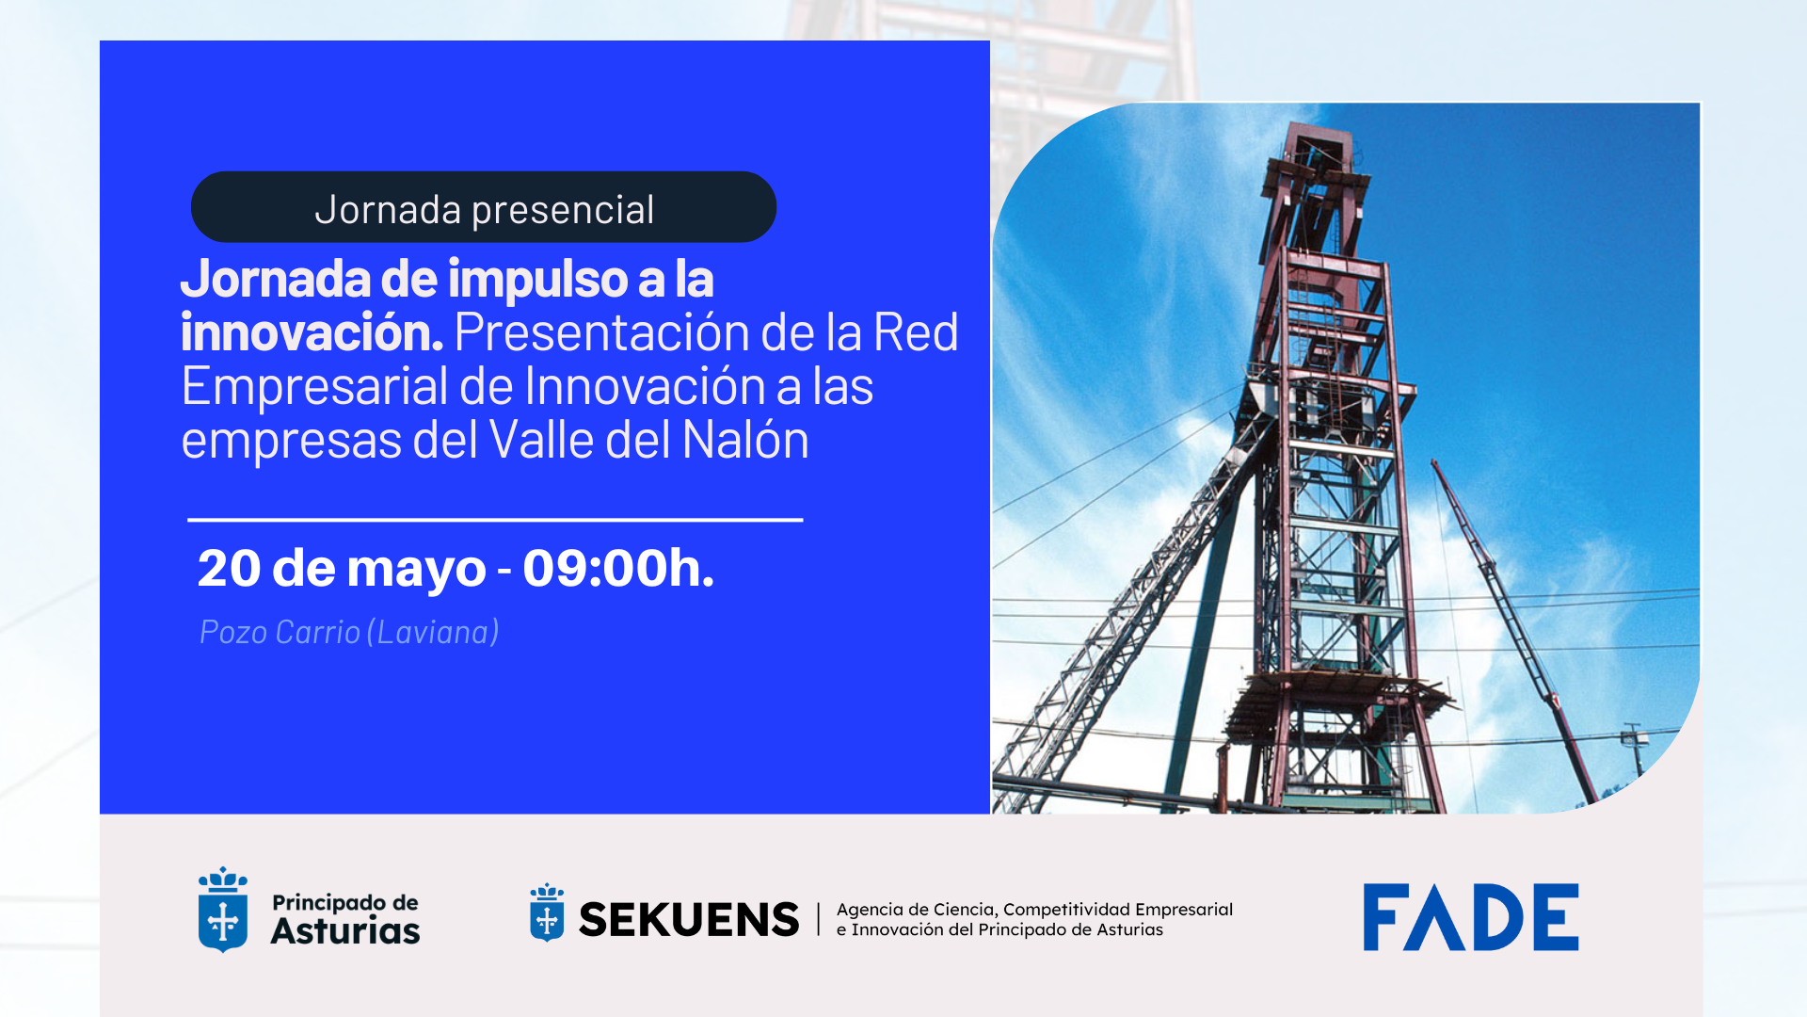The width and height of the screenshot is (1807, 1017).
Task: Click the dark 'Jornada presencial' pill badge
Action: click(484, 207)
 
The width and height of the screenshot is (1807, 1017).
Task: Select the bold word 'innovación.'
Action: click(312, 332)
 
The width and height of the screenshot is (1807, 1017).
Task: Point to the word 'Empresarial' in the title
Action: click(314, 388)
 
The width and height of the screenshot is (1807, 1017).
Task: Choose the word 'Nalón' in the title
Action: click(745, 440)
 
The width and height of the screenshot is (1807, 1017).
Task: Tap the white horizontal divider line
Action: click(495, 519)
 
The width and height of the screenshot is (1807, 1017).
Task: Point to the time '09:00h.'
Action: click(618, 568)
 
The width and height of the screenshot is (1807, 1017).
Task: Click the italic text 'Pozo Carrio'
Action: click(280, 632)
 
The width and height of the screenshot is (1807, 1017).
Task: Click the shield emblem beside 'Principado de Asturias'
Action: click(223, 910)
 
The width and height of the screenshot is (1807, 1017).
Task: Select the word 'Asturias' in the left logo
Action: click(345, 931)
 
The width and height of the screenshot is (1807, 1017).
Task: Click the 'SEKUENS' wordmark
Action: click(688, 920)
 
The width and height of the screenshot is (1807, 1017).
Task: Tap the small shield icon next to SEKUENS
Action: click(547, 912)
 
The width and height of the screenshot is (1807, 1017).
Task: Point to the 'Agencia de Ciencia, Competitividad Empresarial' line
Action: click(1034, 910)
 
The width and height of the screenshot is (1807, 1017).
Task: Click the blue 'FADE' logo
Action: click(1471, 917)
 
